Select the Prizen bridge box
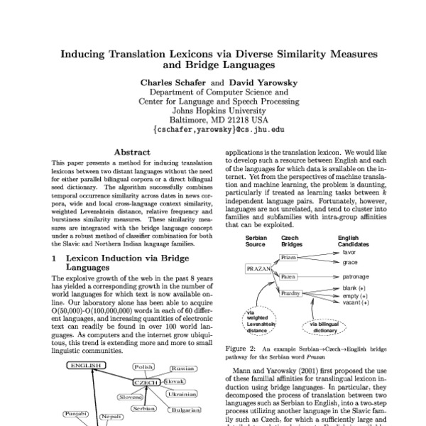click(288, 276)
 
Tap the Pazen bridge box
click(288, 295)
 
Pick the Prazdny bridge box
click(290, 312)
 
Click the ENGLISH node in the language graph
click(86, 366)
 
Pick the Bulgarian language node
click(185, 410)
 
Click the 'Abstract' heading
click(132, 153)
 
